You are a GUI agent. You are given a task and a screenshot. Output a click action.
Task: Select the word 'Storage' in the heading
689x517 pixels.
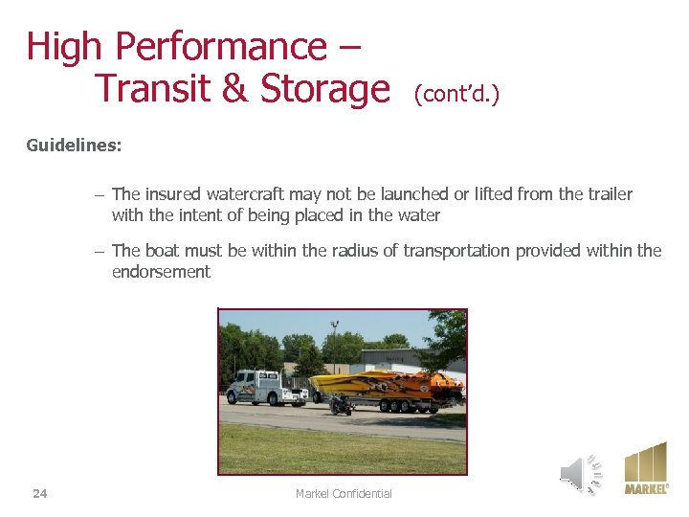325,89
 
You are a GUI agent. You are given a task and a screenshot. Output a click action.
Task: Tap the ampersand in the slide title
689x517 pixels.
234,89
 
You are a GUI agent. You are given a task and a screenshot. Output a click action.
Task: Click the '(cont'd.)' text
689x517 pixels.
456,94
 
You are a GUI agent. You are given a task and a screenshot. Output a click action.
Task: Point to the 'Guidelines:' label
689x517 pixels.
74,146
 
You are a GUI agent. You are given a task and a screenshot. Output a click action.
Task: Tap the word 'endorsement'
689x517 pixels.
161,272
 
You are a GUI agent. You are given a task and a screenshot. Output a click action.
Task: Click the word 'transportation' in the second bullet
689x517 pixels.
456,251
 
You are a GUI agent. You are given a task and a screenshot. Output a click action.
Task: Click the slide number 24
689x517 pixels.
39,494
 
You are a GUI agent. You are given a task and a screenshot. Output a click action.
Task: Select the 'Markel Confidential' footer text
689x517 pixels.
344,494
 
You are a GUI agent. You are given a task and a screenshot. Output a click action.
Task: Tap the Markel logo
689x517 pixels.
646,468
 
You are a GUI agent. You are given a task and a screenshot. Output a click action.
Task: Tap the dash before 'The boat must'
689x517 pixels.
100,251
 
